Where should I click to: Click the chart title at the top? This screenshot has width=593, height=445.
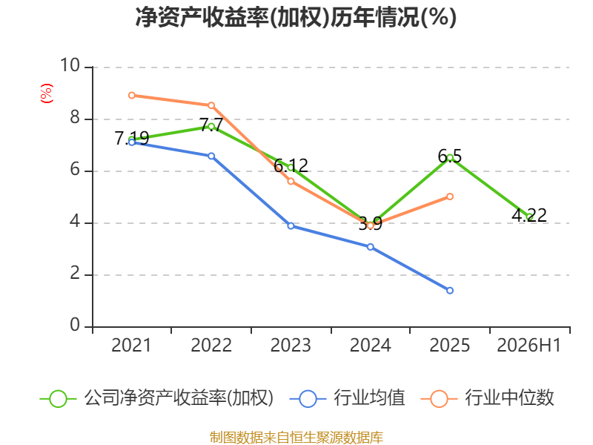click(296, 17)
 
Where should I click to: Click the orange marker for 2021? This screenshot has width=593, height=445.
click(132, 96)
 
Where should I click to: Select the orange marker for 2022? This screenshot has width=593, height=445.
click(211, 105)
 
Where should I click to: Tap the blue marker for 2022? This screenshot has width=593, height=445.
click(211, 156)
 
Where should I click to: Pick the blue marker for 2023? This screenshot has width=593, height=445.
click(291, 226)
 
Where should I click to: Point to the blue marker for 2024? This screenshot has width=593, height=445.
click(370, 247)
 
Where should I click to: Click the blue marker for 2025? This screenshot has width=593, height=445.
click(450, 291)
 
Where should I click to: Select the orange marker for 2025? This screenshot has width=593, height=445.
click(450, 197)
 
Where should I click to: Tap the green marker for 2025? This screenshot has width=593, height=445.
click(450, 158)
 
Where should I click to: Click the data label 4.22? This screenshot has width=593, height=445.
click(529, 215)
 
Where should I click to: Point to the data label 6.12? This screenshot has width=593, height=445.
click(291, 165)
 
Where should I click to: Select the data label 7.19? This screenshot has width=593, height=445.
click(132, 138)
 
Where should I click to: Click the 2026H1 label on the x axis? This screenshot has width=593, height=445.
click(529, 345)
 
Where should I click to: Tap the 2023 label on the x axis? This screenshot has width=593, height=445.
click(291, 345)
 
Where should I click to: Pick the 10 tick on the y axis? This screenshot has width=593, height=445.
click(70, 65)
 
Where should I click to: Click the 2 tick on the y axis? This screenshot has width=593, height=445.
click(75, 273)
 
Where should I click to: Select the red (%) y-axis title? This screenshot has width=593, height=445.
click(47, 93)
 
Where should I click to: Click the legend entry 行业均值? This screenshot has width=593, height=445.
click(347, 398)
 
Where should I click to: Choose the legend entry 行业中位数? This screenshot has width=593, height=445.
click(488, 398)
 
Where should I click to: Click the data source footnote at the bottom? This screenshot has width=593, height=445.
click(296, 437)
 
